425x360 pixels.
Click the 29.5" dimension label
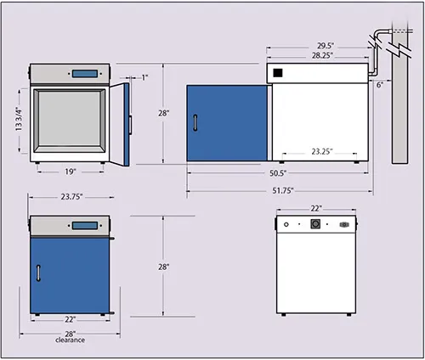tap(326, 46)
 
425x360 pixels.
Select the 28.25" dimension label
tap(322, 55)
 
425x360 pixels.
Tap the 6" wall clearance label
tap(380, 85)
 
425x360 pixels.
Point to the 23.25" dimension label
tap(322, 152)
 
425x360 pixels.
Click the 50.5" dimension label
tap(278, 173)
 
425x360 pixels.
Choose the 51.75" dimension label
tap(283, 191)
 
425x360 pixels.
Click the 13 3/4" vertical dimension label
tap(19, 119)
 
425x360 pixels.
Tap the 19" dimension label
tap(71, 172)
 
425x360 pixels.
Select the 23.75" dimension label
tap(71, 196)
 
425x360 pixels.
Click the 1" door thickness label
tap(144, 77)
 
